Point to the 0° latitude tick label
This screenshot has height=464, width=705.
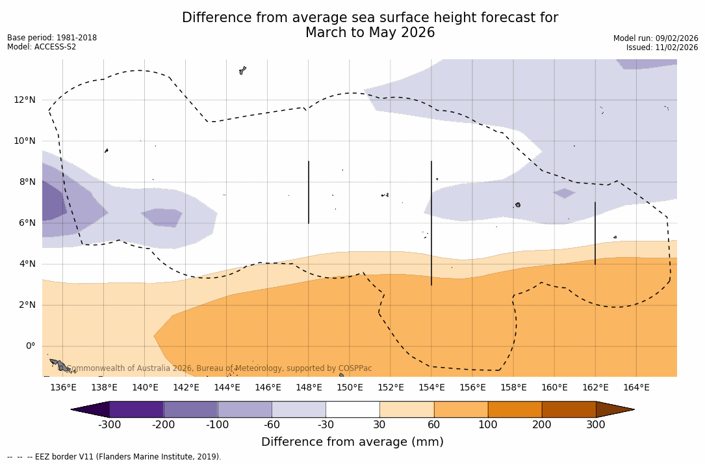tap(31, 346)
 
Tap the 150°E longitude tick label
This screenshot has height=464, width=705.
tap(350, 388)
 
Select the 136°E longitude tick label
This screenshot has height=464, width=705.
tap(63, 388)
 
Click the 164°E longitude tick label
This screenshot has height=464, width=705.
tap(636, 388)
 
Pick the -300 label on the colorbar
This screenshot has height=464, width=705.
tap(110, 425)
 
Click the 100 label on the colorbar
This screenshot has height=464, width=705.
tap(488, 425)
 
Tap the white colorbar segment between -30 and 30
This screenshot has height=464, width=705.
tap(353, 409)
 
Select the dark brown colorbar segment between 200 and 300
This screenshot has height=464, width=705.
tap(569, 409)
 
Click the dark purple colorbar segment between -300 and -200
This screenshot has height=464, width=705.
tap(136, 409)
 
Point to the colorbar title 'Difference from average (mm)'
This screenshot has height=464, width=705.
tap(352, 443)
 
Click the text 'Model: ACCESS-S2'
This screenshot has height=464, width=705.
tap(42, 47)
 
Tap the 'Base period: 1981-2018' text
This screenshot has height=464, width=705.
tap(52, 38)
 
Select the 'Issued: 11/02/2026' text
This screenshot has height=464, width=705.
tap(662, 48)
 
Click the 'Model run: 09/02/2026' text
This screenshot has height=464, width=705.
tap(656, 38)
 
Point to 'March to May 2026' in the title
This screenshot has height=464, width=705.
tap(370, 33)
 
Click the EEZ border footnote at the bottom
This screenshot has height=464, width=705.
tap(114, 457)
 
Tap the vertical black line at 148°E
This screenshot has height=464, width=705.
tap(309, 192)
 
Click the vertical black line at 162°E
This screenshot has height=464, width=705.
tap(595, 233)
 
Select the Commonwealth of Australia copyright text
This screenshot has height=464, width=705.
tap(220, 368)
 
